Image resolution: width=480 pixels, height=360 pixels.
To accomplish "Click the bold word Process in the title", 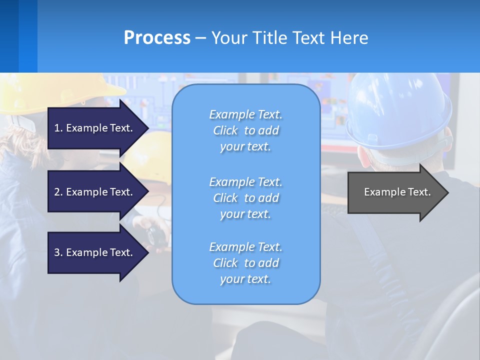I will pos(157,38).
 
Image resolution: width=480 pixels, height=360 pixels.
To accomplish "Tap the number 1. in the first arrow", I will pos(58,128).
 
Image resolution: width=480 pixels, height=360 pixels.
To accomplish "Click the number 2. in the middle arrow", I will pos(58,192).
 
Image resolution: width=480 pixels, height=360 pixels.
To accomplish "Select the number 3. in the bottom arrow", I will pos(58,252).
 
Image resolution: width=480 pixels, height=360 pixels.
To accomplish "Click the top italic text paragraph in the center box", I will pos(245,130).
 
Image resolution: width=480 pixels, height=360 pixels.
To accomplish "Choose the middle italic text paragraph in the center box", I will pos(245,198).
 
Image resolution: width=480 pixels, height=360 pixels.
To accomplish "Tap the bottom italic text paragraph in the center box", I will pos(245,263).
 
